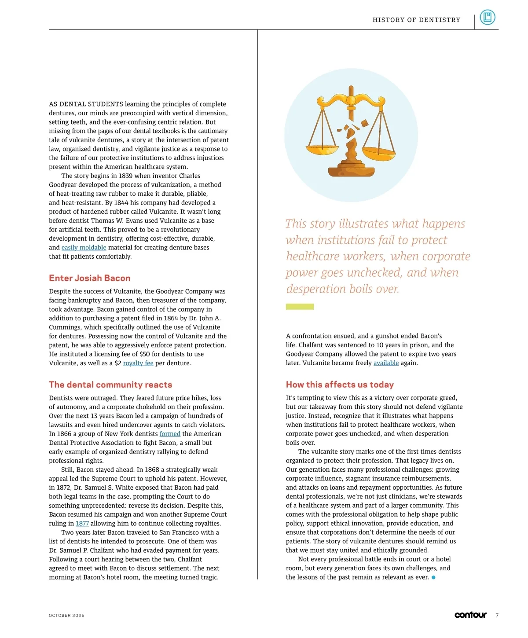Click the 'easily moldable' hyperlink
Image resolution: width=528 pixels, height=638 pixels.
click(x=84, y=248)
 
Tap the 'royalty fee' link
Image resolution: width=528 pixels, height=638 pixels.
click(x=138, y=363)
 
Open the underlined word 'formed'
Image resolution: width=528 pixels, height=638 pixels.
click(x=170, y=434)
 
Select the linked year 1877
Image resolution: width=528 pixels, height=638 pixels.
click(x=82, y=524)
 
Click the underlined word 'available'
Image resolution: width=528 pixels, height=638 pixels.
click(x=386, y=363)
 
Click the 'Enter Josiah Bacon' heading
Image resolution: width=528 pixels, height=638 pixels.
click(x=90, y=278)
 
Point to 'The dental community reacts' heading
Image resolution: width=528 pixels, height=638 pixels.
click(x=110, y=385)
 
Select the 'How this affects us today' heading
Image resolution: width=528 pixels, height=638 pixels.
click(x=340, y=385)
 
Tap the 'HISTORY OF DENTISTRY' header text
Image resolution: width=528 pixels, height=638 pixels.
click(x=416, y=20)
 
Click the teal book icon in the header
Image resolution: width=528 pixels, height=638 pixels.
click(x=487, y=18)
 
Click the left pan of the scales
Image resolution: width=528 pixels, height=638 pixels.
click(x=323, y=150)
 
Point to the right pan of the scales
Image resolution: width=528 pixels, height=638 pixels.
click(x=378, y=152)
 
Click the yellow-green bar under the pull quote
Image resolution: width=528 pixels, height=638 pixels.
click(x=300, y=307)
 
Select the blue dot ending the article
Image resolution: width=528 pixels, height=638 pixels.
click(x=433, y=577)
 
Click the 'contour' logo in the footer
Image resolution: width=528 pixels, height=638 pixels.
click(x=470, y=615)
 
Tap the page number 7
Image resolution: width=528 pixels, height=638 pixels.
click(x=497, y=616)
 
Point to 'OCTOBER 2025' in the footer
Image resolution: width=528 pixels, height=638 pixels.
click(x=66, y=616)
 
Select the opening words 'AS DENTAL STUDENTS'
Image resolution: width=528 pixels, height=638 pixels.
click(x=86, y=104)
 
